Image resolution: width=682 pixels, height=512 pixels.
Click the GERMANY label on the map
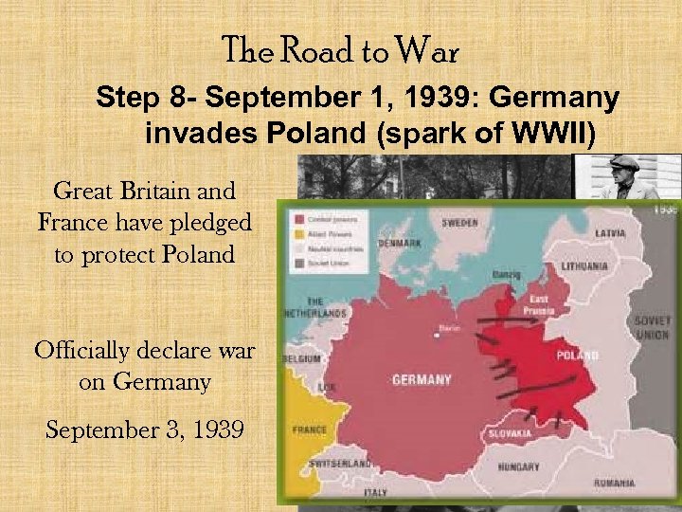point(422,380)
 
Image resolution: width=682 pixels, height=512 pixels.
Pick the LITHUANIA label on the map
point(584,266)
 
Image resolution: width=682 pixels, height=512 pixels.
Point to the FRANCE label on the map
point(310,430)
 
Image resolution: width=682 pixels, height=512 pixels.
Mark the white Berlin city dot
point(437,332)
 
